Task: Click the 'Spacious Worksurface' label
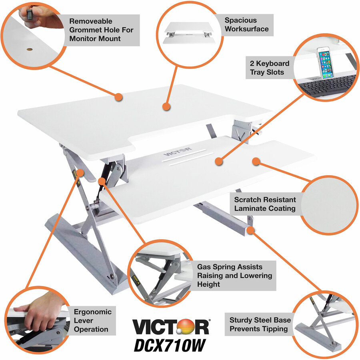(x=246, y=24)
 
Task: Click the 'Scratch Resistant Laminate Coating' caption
(x=265, y=204)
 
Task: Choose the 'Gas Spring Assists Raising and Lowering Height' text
(x=234, y=275)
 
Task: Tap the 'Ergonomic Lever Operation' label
(x=93, y=320)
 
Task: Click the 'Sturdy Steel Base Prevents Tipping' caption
(x=260, y=324)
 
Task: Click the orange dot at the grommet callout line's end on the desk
(x=119, y=97)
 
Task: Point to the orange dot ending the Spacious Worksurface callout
(x=167, y=107)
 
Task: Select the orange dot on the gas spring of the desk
(x=102, y=181)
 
